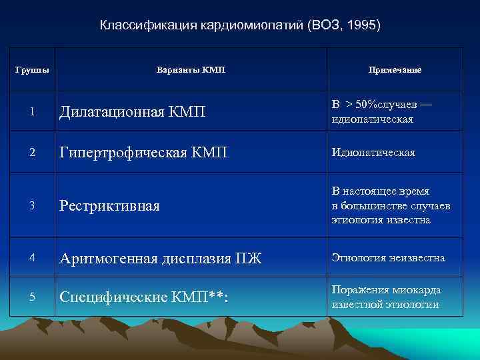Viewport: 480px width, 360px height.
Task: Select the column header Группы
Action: click(31, 69)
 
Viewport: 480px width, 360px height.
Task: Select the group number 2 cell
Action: click(31, 153)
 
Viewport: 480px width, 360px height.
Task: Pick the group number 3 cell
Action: click(31, 205)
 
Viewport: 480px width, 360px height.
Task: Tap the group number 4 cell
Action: click(31, 258)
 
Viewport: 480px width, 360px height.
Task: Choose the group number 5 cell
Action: click(31, 297)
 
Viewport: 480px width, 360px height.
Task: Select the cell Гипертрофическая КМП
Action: click(143, 153)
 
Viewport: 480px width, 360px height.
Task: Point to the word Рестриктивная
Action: click(110, 205)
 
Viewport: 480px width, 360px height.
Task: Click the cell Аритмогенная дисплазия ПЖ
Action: click(161, 258)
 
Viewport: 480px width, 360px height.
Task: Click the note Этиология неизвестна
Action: click(388, 258)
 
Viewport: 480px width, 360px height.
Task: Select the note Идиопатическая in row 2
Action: click(373, 153)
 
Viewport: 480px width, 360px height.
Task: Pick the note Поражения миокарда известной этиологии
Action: click(386, 297)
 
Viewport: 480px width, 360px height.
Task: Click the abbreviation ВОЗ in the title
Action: click(327, 25)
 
